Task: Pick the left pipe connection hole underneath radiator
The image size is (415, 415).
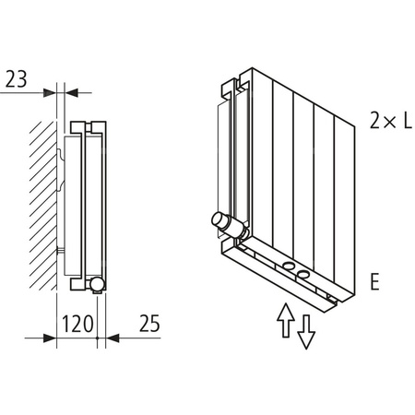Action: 290,267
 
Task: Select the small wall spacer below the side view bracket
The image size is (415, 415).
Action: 62,251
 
